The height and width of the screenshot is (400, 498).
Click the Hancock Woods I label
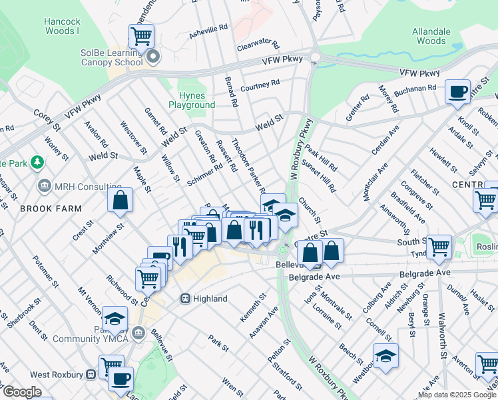point(62,26)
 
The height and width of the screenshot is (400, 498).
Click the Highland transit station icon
point(186,299)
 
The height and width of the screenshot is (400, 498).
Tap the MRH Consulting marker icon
point(45,186)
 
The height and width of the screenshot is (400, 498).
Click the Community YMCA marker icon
point(138,333)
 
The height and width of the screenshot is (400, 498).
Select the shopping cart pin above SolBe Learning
point(141,35)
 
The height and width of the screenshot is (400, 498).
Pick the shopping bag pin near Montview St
point(120,200)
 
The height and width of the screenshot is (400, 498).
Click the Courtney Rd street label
point(260,86)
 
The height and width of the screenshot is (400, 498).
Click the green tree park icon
point(38,162)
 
